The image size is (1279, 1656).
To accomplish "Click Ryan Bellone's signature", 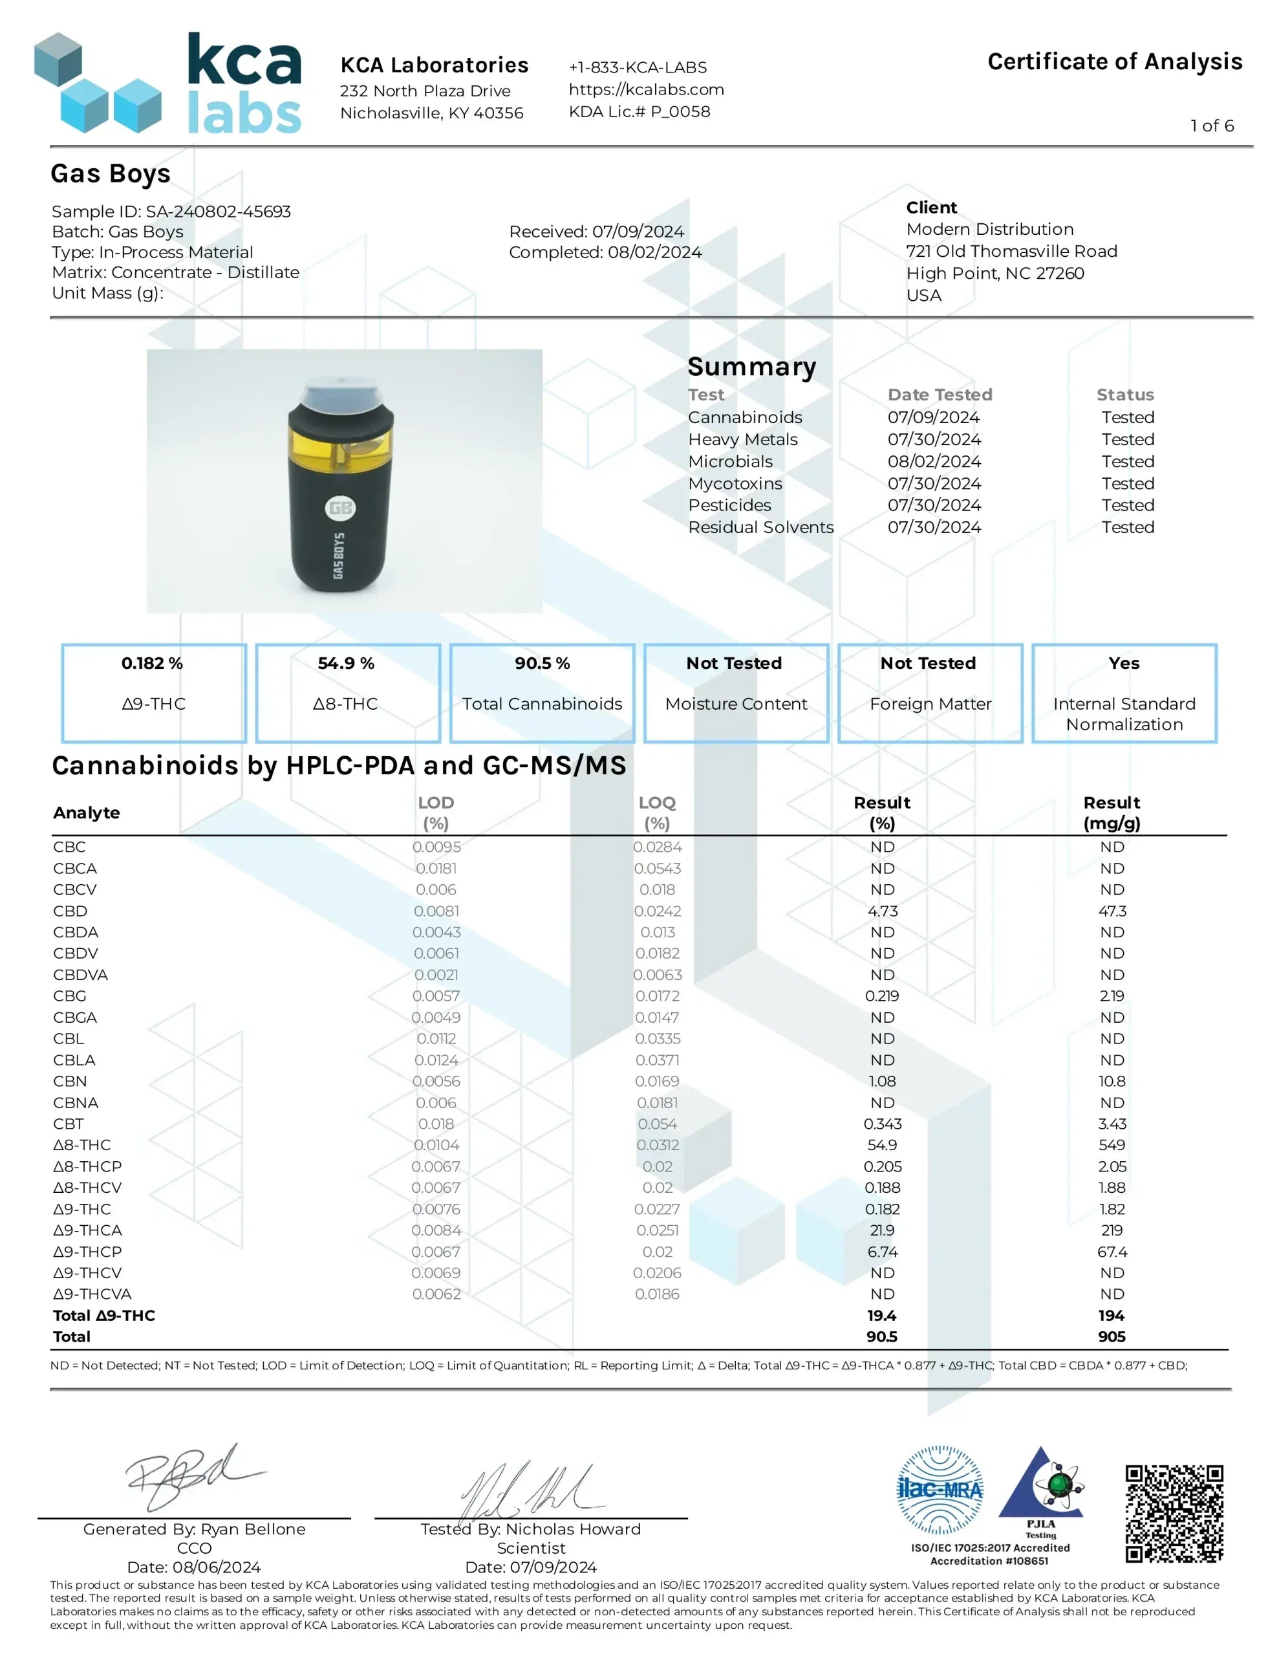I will tap(193, 1475).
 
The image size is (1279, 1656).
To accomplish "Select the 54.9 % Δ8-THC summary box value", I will tap(346, 664).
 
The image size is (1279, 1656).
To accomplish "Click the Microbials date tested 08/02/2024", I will tap(934, 462).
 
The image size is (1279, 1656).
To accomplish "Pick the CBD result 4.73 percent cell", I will tap(882, 911).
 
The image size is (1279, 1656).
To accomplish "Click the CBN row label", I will tap(70, 1082).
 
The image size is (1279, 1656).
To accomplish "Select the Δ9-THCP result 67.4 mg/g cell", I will tap(1112, 1252).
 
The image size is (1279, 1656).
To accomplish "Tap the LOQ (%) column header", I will tap(656, 812).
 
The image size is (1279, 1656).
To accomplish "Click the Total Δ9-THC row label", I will tap(104, 1316).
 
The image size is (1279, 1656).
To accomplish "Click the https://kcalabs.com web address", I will tap(646, 89).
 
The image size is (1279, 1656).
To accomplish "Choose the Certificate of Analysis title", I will tap(1115, 61).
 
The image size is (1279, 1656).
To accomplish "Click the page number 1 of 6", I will tap(1212, 126).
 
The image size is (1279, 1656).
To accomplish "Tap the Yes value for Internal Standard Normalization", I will tap(1124, 664).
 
